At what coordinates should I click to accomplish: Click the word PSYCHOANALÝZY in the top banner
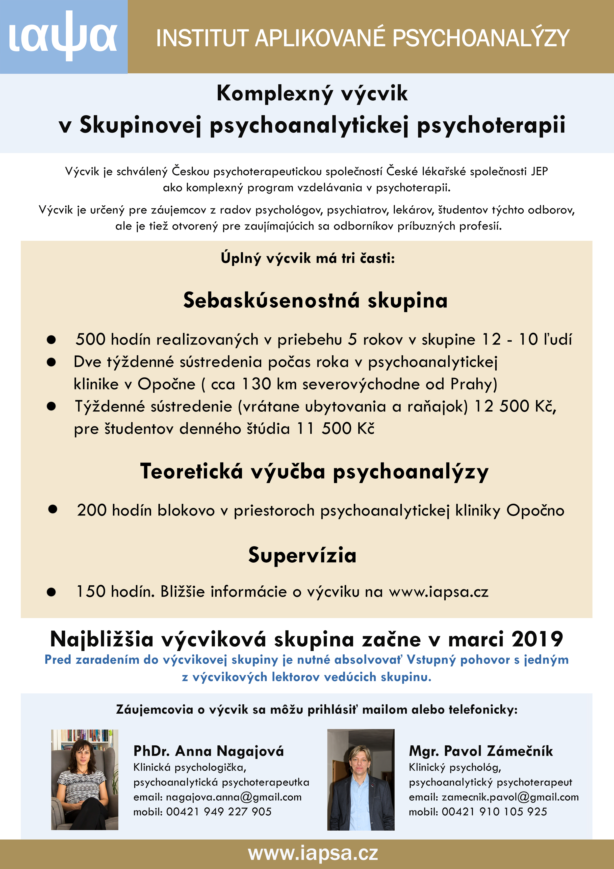pos(481,38)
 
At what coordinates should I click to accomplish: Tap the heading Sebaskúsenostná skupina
pos(315,300)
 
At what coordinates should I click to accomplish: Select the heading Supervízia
pos(302,555)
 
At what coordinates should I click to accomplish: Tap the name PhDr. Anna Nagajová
pos(208,751)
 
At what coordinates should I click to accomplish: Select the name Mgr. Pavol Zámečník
pos(481,751)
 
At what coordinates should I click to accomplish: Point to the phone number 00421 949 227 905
pos(219,812)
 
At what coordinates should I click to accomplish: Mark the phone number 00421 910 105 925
pos(494,812)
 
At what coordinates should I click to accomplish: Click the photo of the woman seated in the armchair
pos(85,779)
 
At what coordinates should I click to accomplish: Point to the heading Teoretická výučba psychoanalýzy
pos(314,472)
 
